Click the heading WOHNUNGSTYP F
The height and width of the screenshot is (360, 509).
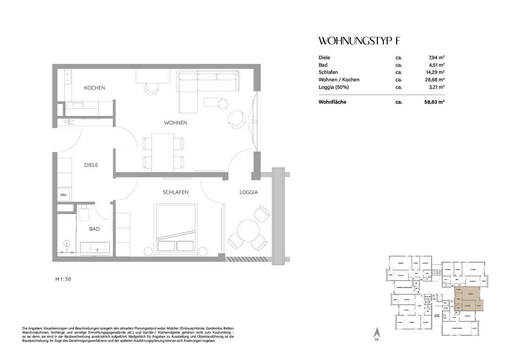tap(358, 41)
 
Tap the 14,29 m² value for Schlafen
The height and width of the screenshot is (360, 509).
tap(435, 72)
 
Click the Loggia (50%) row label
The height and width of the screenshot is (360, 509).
tap(334, 87)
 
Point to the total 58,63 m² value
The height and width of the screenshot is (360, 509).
tap(435, 102)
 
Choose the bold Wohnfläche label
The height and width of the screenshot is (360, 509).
tap(332, 102)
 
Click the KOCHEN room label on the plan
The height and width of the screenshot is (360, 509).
tap(94, 88)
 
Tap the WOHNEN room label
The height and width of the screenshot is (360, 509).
tap(176, 123)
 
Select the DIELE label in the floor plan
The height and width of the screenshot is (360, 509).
tap(91, 165)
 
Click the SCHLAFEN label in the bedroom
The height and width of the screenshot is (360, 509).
tap(175, 192)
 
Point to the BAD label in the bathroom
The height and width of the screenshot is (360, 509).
tap(94, 229)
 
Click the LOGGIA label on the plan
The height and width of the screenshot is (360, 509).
tap(248, 192)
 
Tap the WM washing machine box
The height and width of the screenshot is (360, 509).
tap(63, 195)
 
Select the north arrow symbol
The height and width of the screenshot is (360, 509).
tap(376, 335)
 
